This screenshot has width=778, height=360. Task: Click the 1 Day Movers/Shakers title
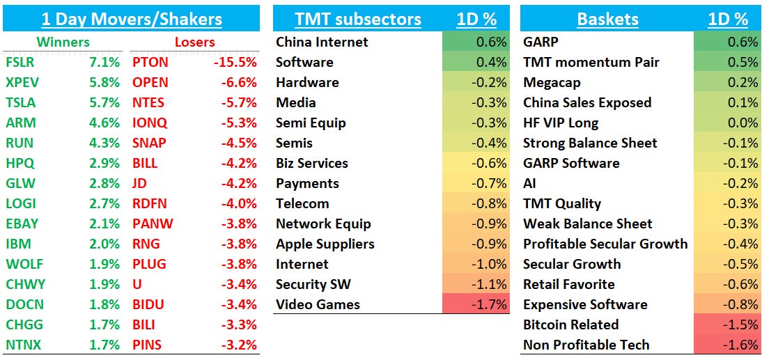coord(132,19)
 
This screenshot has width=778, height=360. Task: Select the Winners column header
coord(63,42)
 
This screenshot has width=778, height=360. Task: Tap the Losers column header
coord(194,42)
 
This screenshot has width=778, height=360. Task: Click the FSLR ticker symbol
coord(20,62)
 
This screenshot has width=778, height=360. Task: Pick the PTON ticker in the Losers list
coord(150,62)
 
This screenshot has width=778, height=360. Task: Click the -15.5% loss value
coord(235,62)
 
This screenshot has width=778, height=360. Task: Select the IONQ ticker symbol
coord(150,123)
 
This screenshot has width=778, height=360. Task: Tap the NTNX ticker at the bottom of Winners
coord(22,345)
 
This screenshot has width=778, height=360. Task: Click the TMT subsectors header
coord(358,19)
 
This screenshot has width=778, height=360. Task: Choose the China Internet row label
coord(322,42)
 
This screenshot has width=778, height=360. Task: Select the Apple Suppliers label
coord(325,244)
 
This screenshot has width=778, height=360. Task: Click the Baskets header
coord(607,19)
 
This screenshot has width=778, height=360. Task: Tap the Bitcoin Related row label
coord(570,324)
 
